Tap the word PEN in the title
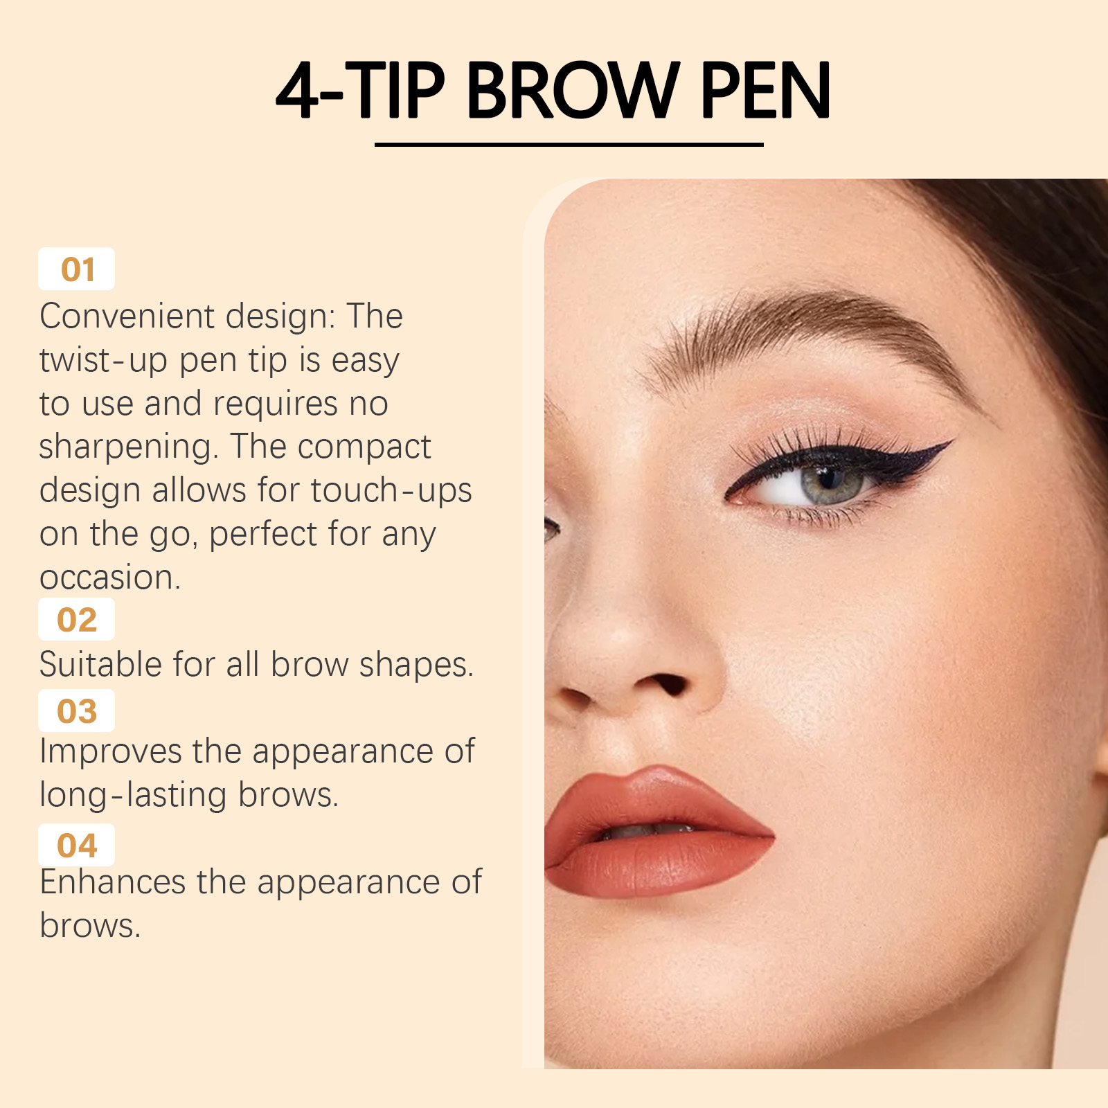pyautogui.click(x=765, y=90)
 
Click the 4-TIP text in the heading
pyautogui.click(x=360, y=90)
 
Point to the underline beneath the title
pyautogui.click(x=569, y=144)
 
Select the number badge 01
pyautogui.click(x=76, y=269)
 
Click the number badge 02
pyautogui.click(x=76, y=619)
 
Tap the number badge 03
pyautogui.click(x=76, y=711)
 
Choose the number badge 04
pyautogui.click(x=76, y=845)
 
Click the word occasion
pyautogui.click(x=110, y=578)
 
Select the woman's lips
pyautogui.click(x=658, y=831)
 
